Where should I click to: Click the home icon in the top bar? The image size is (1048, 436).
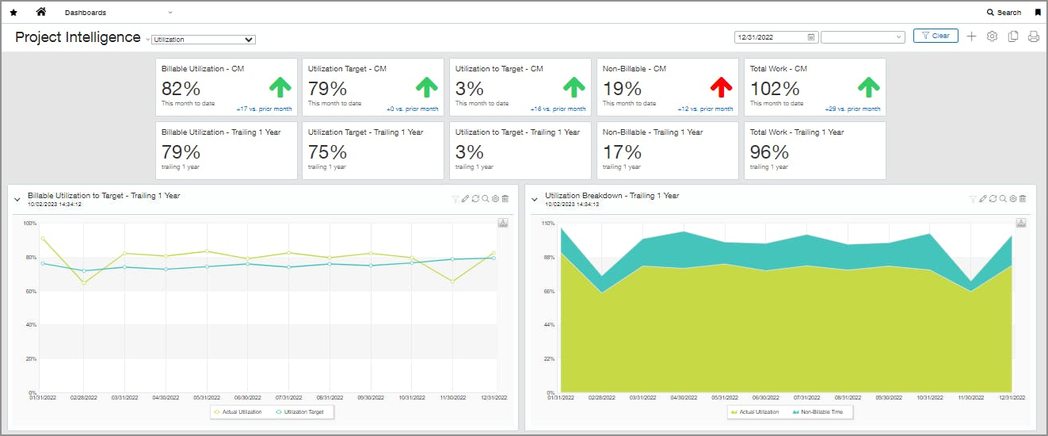click(x=41, y=12)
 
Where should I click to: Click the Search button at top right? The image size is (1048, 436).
click(x=1004, y=13)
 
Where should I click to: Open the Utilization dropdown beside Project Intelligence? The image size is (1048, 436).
click(x=203, y=39)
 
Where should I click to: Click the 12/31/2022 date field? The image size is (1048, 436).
click(x=770, y=37)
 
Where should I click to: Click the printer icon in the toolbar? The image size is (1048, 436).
click(x=1033, y=36)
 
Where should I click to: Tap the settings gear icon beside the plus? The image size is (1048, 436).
click(x=992, y=36)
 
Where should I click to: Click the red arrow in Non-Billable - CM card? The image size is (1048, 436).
click(x=721, y=86)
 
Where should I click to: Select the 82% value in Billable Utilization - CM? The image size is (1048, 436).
click(x=181, y=89)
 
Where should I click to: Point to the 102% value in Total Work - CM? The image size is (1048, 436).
click(x=775, y=89)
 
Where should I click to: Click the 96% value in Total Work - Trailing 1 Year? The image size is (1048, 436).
click(x=769, y=152)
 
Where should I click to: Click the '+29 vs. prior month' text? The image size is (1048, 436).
click(x=852, y=109)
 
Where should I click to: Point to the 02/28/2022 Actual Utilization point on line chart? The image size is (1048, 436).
click(x=84, y=282)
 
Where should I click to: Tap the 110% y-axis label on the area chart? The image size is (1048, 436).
click(x=547, y=224)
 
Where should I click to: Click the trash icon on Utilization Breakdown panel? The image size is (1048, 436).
click(x=1023, y=199)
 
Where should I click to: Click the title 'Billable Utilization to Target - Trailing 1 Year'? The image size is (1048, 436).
click(x=104, y=195)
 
